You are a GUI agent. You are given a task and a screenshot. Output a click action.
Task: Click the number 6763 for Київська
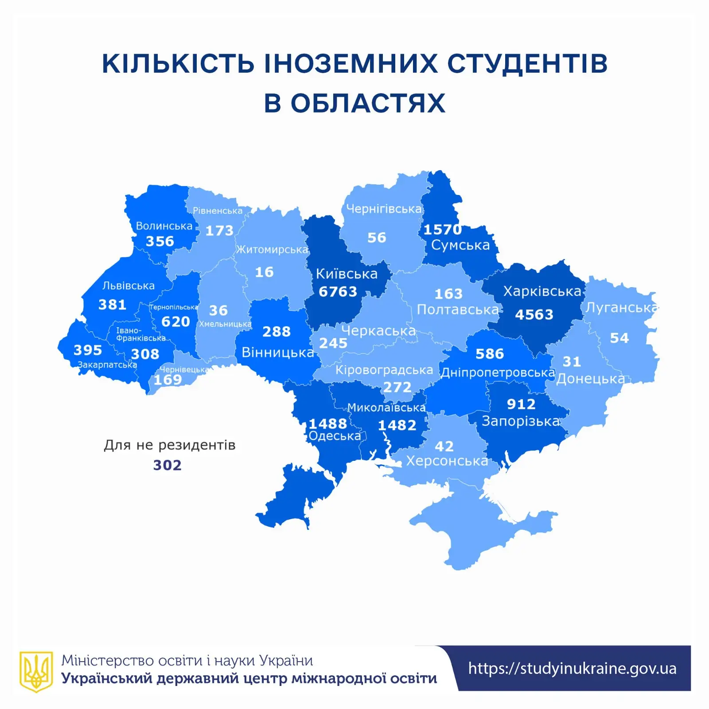tap(338, 292)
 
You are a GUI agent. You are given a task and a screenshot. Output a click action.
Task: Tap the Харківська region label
tap(542, 292)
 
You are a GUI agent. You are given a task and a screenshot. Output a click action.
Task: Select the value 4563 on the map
tap(534, 315)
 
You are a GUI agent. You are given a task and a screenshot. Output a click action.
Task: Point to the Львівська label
tap(129, 286)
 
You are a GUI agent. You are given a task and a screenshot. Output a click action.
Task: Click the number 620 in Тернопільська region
tap(175, 321)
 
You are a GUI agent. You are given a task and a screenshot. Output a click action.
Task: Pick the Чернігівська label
tap(384, 209)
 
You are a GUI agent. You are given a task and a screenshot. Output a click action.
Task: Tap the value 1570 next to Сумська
tap(442, 230)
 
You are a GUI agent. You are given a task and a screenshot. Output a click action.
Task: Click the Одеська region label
tap(335, 436)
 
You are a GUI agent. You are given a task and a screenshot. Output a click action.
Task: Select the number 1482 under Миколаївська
tap(397, 425)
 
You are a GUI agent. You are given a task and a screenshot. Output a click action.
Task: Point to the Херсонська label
tap(447, 461)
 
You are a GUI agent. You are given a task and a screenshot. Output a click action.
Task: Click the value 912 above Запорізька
tap(521, 404)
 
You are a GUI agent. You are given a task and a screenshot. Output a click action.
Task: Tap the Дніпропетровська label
tap(498, 373)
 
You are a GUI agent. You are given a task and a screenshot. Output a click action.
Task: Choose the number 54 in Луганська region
tap(619, 338)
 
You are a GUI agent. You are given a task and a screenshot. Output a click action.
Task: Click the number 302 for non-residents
tap(168, 465)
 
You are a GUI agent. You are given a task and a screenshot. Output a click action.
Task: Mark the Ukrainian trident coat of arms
tap(36, 671)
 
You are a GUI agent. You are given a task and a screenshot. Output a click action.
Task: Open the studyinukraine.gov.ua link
tap(572, 668)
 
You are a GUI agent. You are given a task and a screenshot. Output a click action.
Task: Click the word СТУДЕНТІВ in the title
tap(527, 63)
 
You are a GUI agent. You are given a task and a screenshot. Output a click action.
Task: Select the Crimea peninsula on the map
tap(479, 527)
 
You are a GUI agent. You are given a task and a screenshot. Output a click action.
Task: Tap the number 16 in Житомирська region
tap(264, 272)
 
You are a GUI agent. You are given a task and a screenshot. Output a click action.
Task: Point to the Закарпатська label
tap(107, 365)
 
